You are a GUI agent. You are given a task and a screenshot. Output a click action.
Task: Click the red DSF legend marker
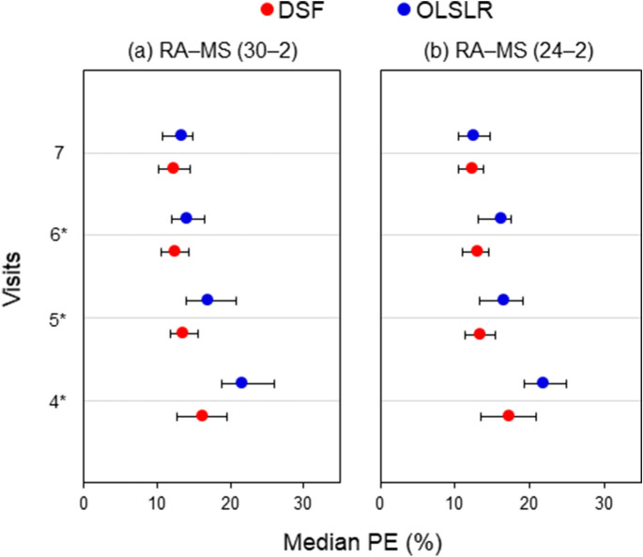[x=268, y=12]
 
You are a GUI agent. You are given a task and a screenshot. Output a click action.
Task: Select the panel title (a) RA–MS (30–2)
[x=212, y=51]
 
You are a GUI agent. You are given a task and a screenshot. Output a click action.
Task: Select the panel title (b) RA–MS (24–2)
[x=510, y=51]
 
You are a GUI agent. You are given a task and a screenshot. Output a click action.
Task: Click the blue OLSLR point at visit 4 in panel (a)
[x=241, y=382]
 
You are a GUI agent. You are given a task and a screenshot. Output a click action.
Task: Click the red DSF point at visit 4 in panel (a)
[x=202, y=415]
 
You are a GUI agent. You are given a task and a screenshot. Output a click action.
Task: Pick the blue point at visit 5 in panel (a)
[x=207, y=300]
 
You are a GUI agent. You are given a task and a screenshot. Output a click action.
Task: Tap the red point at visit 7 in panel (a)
[x=173, y=168]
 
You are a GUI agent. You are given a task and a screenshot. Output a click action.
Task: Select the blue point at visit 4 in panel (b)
[x=543, y=382]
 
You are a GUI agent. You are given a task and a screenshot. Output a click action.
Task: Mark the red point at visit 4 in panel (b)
[x=509, y=415]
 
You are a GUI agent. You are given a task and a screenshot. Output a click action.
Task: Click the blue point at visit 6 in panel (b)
[x=500, y=218]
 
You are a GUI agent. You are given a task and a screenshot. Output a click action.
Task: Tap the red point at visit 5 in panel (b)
[x=480, y=333]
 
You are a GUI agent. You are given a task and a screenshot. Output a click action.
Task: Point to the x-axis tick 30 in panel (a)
[x=302, y=502]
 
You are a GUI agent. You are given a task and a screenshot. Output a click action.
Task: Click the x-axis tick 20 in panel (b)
[x=529, y=502]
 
